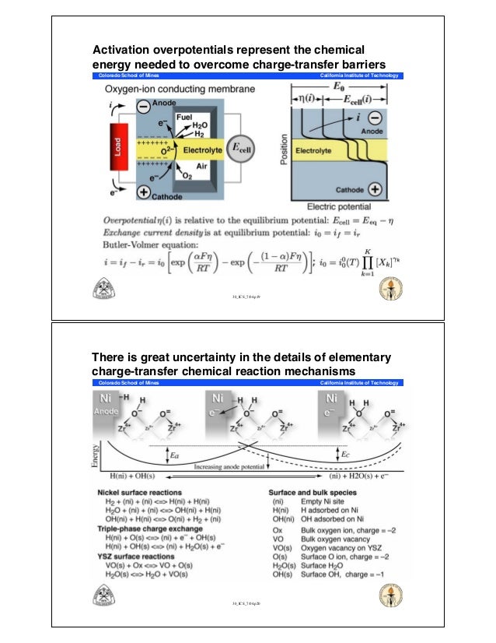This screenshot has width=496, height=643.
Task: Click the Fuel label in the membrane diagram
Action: [x=184, y=116]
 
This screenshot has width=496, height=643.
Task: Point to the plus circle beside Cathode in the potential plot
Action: [x=375, y=189]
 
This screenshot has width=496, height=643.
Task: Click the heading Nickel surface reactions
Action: [x=141, y=494]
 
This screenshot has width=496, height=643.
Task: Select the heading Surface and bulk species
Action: [x=313, y=494]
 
